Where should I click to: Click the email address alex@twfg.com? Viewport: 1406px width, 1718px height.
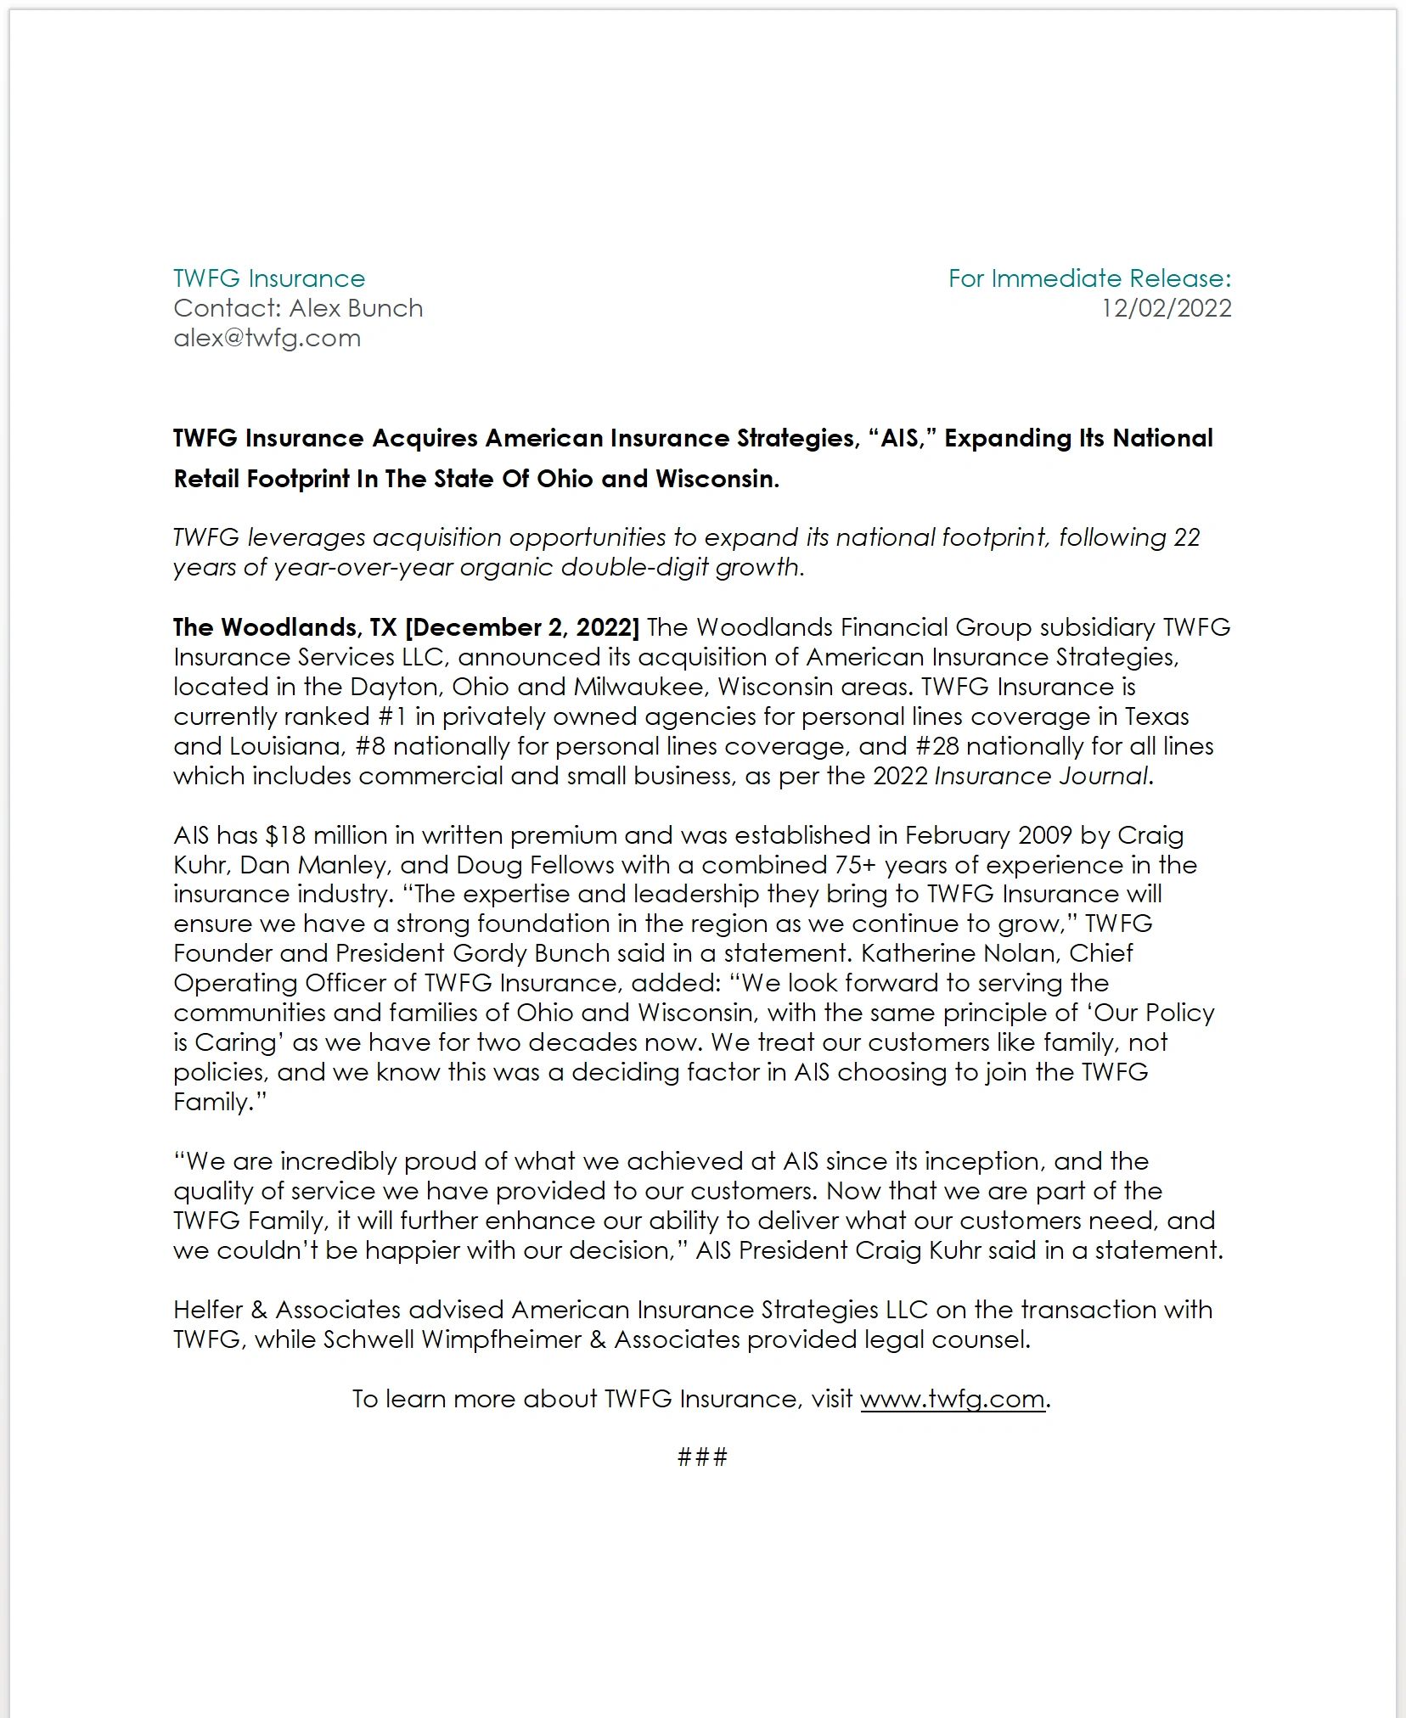coord(267,338)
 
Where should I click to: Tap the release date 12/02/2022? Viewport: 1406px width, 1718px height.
coord(1166,308)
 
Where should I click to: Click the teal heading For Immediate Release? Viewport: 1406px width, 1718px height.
coord(1088,278)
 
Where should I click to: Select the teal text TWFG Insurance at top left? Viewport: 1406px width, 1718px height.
coord(269,278)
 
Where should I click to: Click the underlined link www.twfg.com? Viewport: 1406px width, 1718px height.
coord(952,1399)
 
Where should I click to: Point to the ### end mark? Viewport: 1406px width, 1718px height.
coord(702,1458)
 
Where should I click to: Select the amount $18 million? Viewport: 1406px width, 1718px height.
coord(327,835)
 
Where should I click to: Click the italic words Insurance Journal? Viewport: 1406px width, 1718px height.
coord(1040,776)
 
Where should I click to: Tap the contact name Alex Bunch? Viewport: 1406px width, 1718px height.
coord(357,308)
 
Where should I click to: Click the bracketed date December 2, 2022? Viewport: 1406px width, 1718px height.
coord(522,627)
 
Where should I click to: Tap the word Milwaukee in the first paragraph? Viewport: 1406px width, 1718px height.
coord(638,687)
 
